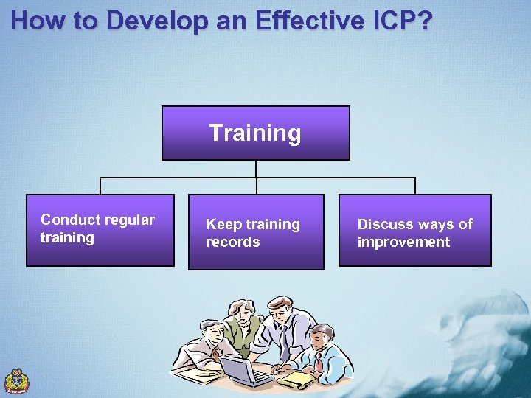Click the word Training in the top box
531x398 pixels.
[x=255, y=133]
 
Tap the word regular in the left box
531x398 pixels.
[x=131, y=220]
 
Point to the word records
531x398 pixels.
[x=232, y=242]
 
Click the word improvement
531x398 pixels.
[x=403, y=242]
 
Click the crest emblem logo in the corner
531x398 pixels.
[x=16, y=380]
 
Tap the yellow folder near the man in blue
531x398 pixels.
[x=298, y=379]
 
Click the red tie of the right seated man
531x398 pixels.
[x=318, y=362]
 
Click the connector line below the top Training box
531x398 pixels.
[x=256, y=169]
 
